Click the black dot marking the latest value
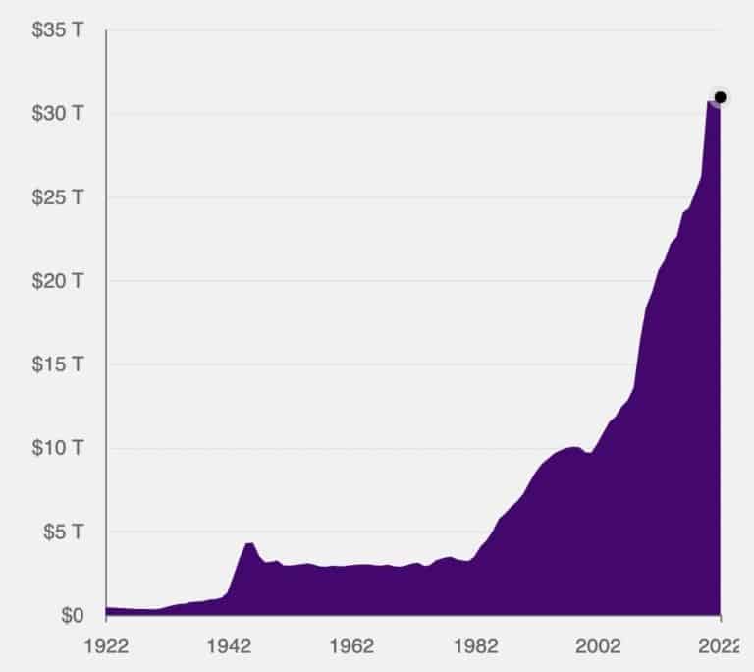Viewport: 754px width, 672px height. click(720, 97)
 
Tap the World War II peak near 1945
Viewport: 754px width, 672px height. click(249, 542)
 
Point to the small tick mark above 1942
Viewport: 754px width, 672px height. click(229, 620)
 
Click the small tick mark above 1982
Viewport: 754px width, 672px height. click(474, 620)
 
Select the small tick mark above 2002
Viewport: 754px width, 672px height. click(597, 620)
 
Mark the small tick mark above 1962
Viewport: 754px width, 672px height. click(351, 620)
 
